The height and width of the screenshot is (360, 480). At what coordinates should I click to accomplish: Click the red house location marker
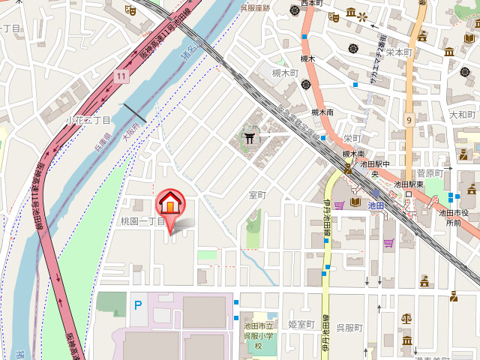[x=170, y=204]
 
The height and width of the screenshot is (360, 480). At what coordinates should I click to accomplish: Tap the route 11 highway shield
[x=121, y=76]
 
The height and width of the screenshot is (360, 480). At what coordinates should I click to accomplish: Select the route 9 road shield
[x=409, y=120]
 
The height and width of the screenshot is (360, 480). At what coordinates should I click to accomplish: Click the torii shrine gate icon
[x=249, y=137]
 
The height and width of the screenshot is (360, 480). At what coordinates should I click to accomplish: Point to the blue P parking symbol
[x=137, y=304]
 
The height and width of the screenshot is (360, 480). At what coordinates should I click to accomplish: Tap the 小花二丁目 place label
[x=88, y=120]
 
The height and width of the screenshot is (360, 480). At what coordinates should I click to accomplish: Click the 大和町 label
[x=462, y=114]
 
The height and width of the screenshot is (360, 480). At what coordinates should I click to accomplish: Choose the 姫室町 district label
[x=301, y=324]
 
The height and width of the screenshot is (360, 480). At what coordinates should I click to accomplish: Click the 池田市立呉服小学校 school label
[x=257, y=335]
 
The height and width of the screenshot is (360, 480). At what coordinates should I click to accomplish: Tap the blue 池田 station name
[x=376, y=204]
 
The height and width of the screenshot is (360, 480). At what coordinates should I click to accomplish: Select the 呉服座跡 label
[x=255, y=7]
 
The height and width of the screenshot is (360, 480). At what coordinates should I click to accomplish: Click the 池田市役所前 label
[x=454, y=217]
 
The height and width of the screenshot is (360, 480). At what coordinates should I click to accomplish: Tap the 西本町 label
[x=310, y=4]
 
